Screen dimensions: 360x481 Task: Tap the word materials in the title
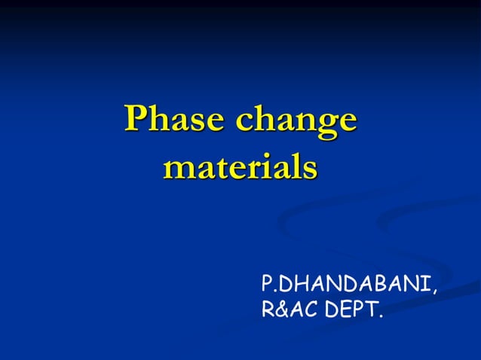[x=240, y=166]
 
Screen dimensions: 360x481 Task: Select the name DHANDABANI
[x=354, y=285]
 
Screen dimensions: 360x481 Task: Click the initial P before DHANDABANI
[x=267, y=285]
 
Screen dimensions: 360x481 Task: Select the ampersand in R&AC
[x=281, y=309]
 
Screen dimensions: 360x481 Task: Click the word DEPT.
[x=351, y=309]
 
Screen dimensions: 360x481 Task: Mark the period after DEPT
[x=379, y=314]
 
